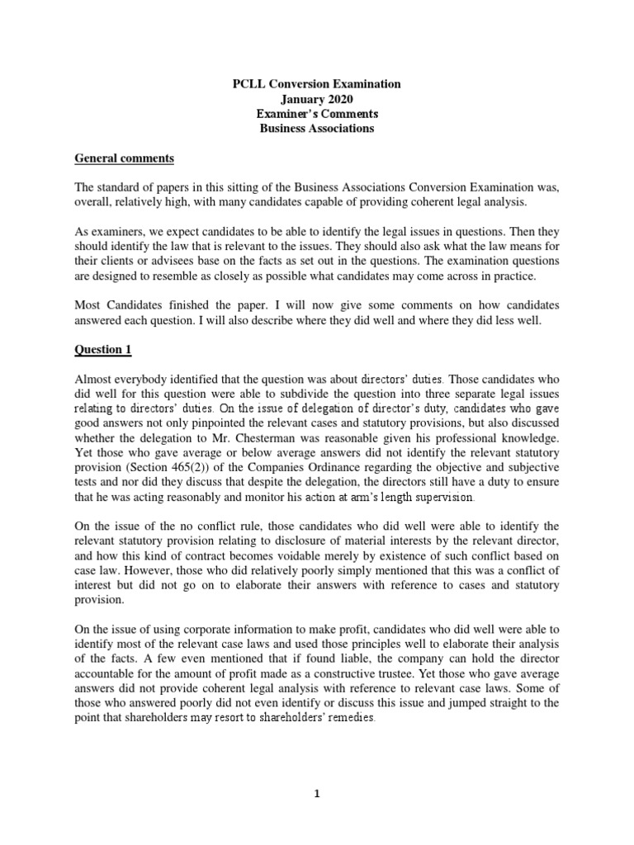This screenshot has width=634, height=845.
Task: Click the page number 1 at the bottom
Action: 317,771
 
